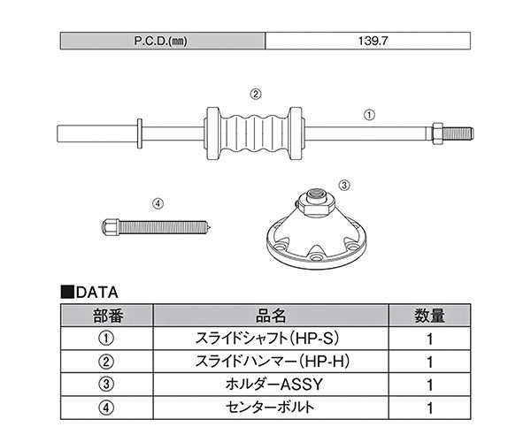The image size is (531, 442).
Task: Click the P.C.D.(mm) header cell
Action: (x=163, y=41)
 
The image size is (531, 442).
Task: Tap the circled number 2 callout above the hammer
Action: (x=255, y=93)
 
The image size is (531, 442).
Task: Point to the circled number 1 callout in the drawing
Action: (x=370, y=113)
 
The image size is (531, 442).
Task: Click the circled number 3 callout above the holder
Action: (x=344, y=186)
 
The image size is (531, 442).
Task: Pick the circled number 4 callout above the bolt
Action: (x=158, y=202)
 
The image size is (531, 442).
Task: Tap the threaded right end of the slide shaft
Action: (x=457, y=133)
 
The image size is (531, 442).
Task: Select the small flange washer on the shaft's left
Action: (x=140, y=133)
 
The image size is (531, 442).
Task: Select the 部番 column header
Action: (x=107, y=315)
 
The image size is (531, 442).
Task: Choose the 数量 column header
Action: (x=428, y=315)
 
